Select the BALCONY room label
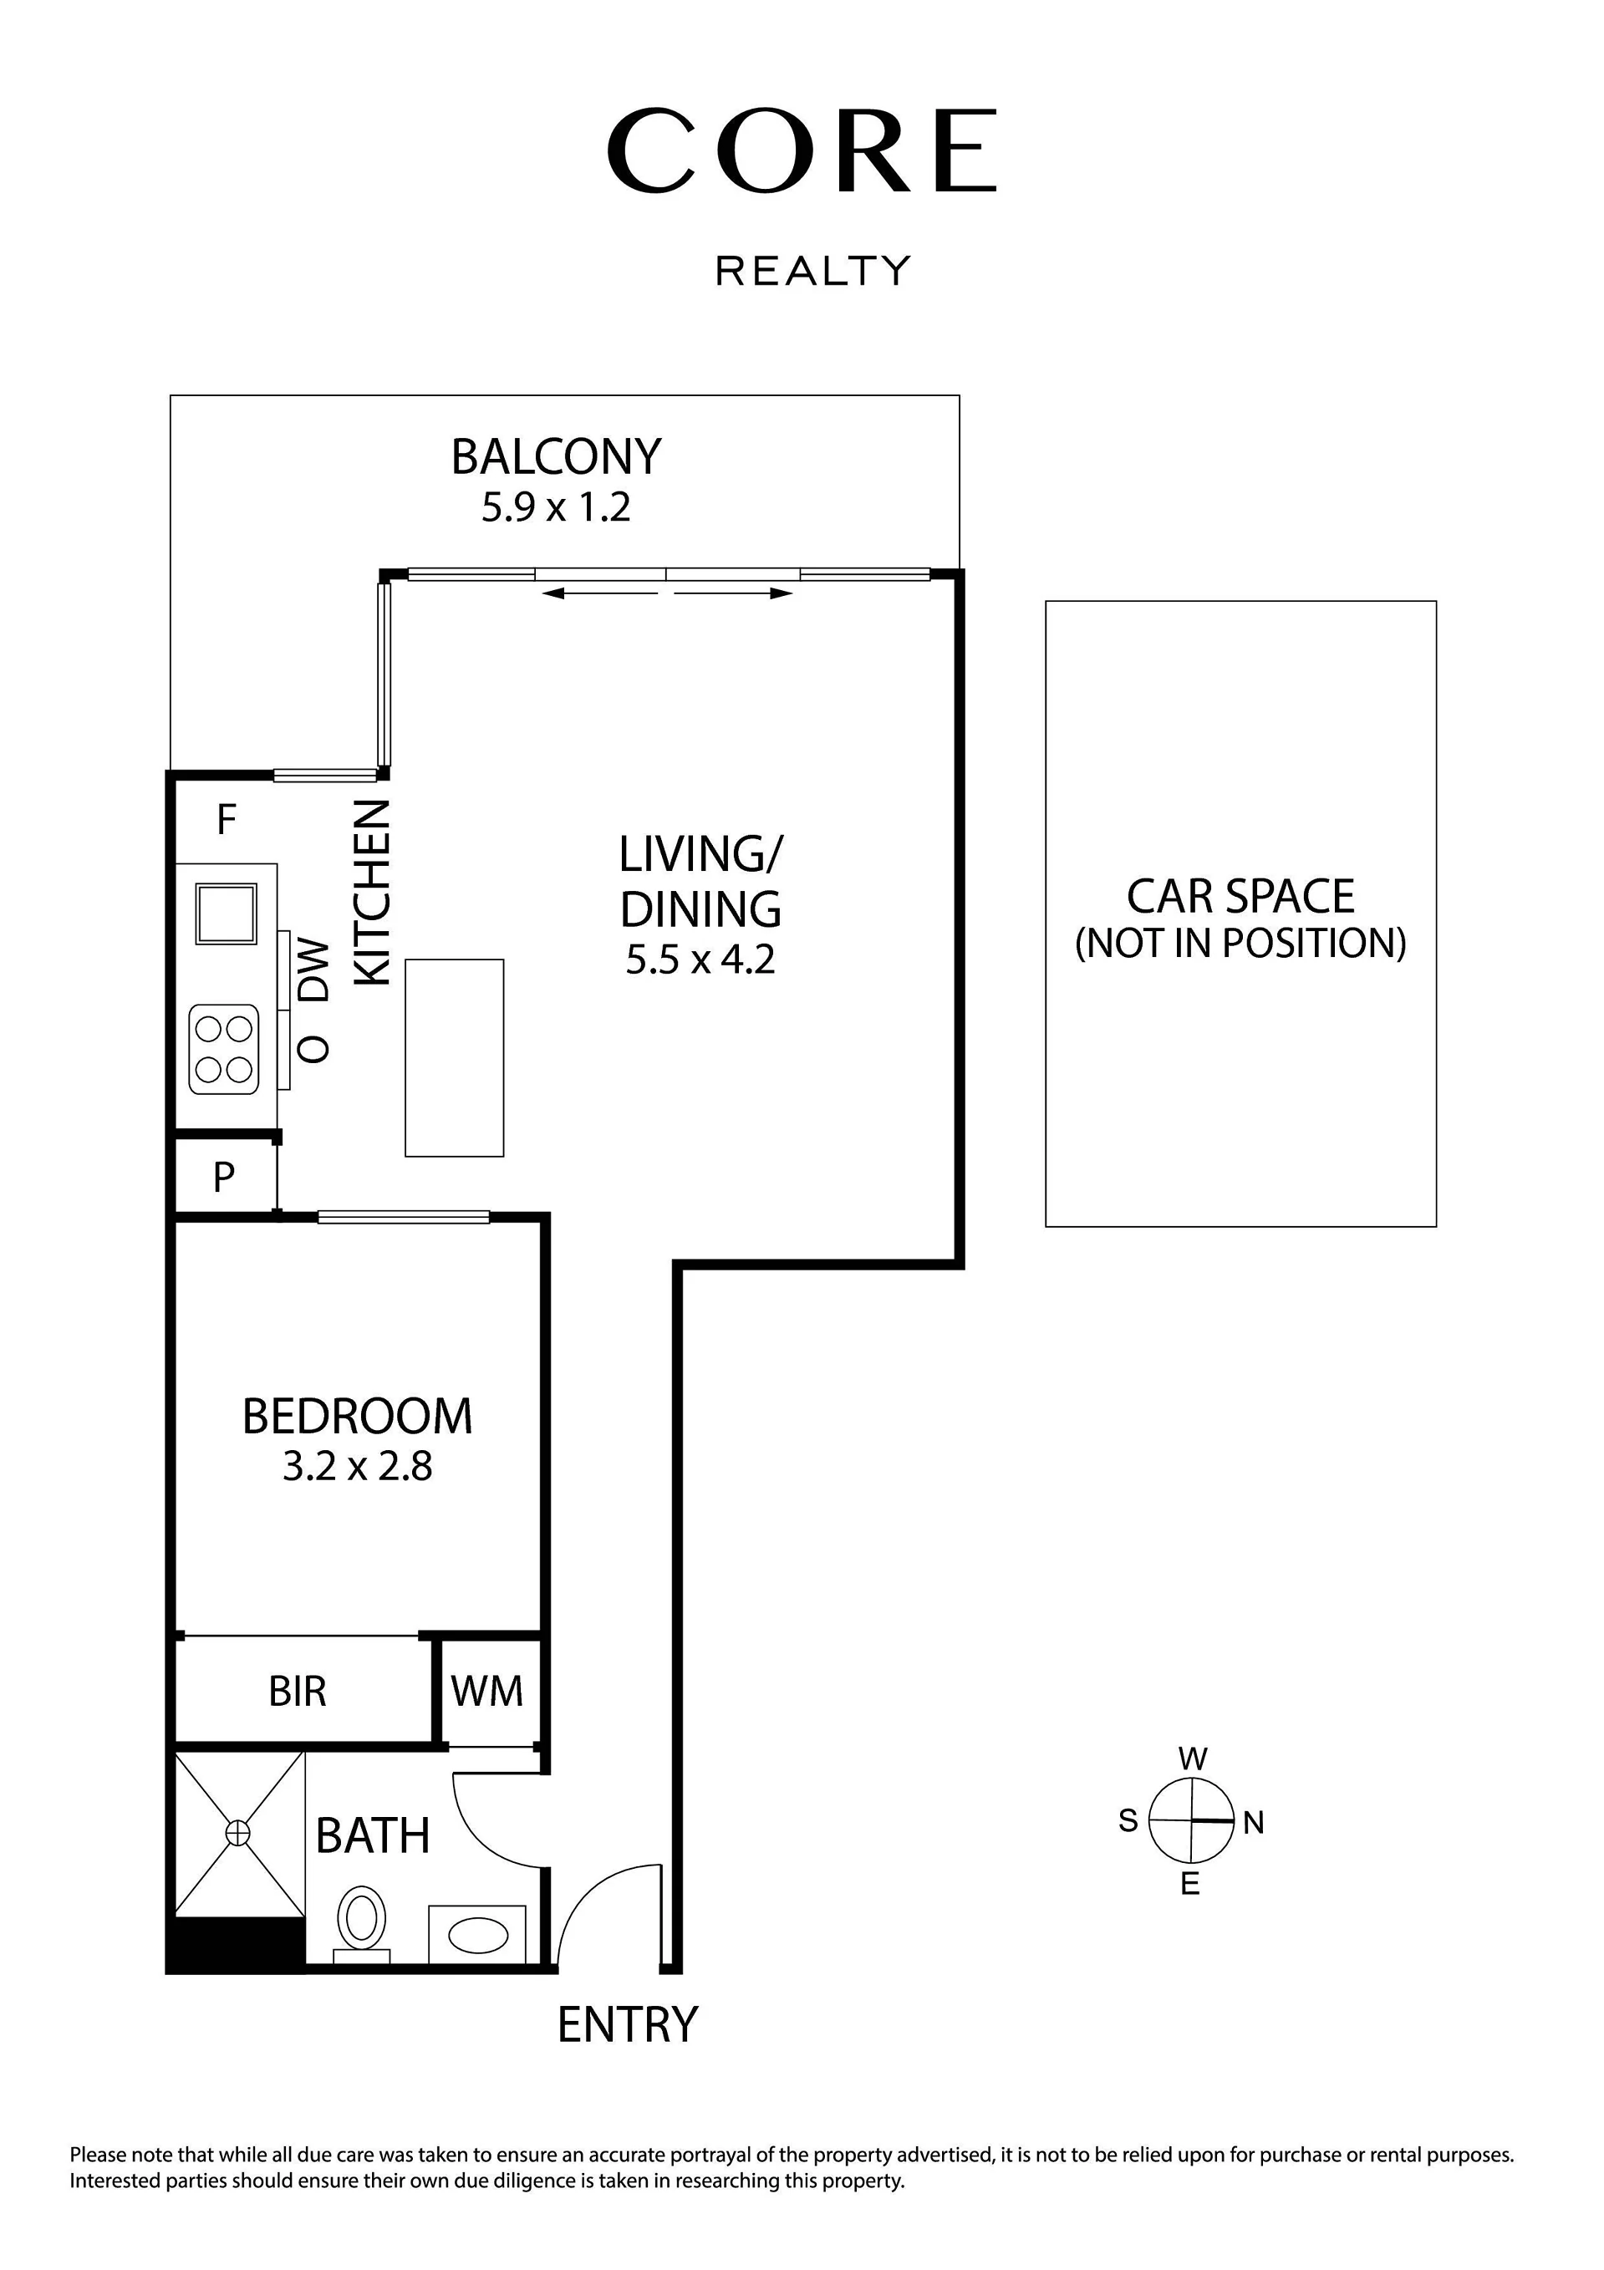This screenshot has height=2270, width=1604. click(x=556, y=457)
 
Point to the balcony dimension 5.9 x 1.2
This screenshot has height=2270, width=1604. click(x=556, y=508)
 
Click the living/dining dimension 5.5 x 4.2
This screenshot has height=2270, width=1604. click(x=700, y=960)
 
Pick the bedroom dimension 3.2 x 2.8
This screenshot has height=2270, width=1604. click(x=357, y=1466)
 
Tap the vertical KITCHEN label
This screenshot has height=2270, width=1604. click(x=373, y=892)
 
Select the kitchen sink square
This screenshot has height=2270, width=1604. click(x=227, y=914)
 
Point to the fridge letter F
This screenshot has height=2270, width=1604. click(x=227, y=820)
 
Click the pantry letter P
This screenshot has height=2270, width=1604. click(x=225, y=1178)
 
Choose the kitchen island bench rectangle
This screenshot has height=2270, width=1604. click(x=455, y=1058)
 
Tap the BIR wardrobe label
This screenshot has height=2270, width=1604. click(x=298, y=1692)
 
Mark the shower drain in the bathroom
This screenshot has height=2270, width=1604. click(x=237, y=1834)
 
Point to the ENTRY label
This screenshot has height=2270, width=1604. click(x=628, y=2025)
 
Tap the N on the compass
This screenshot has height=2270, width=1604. click(x=1254, y=1823)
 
